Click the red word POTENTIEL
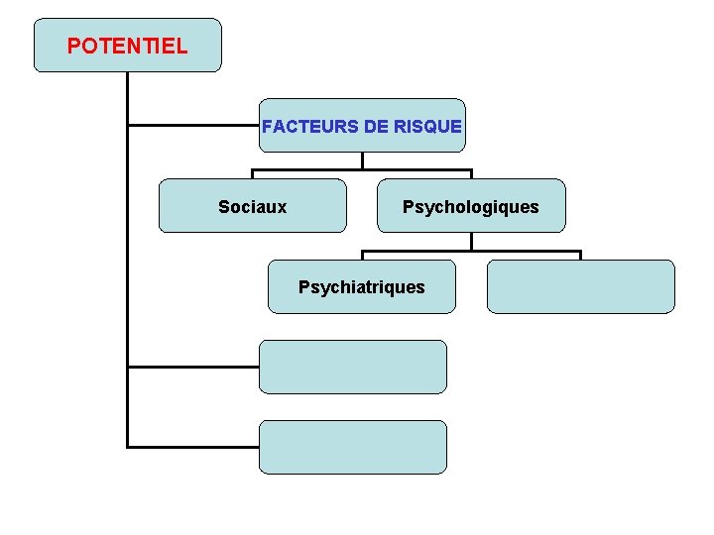(127, 46)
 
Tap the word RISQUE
(427, 127)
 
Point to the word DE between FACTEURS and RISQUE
(366, 127)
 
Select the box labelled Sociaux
(253, 206)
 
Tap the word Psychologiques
(470, 207)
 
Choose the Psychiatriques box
(362, 287)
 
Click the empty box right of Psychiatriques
(580, 287)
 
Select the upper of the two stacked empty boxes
(353, 367)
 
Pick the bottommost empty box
(353, 447)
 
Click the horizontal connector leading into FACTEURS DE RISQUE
(193, 126)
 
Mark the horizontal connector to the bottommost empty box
(193, 447)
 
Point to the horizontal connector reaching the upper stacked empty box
(193, 367)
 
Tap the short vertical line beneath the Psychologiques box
(471, 241)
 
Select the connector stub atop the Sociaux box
(253, 173)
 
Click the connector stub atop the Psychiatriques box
(362, 255)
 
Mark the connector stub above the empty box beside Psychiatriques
(580, 255)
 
